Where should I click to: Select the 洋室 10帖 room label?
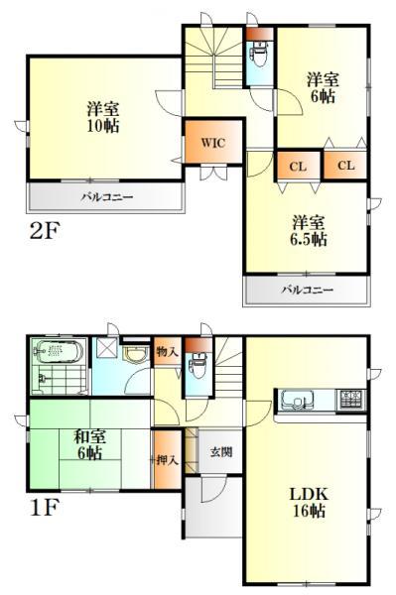click(x=104, y=117)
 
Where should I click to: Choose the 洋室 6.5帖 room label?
click(x=309, y=231)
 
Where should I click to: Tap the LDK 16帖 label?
click(x=309, y=503)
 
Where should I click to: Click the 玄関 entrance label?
click(x=220, y=452)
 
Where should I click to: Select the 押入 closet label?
click(x=167, y=459)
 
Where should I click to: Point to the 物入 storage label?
click(x=167, y=351)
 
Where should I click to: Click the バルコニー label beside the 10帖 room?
click(x=106, y=196)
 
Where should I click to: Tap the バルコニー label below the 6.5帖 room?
click(x=307, y=290)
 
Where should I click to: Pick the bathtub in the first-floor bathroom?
click(x=61, y=351)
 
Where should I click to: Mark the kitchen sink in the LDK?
click(x=298, y=401)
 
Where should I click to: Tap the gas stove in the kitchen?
click(x=351, y=400)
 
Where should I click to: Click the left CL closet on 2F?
click(x=297, y=166)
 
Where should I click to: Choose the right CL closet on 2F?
click(x=345, y=166)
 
